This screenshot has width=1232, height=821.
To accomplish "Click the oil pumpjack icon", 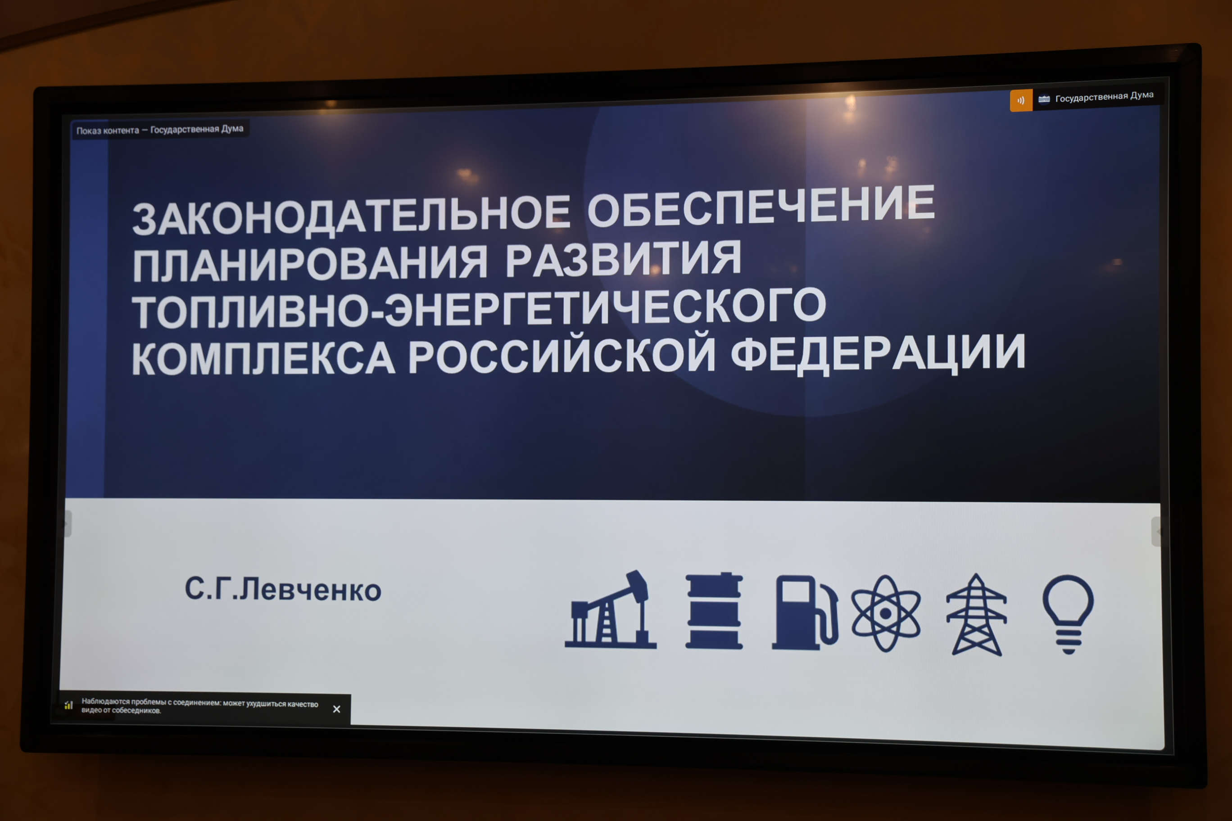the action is click(x=611, y=610).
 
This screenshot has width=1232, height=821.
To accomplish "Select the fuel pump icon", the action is click(x=804, y=613).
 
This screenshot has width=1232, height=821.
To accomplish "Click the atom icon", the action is click(x=886, y=613).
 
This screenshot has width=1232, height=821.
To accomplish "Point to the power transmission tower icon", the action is click(x=976, y=615).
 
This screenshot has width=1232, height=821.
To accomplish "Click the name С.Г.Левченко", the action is click(x=283, y=589).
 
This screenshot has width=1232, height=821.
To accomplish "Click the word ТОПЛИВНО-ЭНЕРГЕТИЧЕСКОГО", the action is click(x=479, y=309).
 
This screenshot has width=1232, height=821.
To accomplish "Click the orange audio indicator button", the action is click(x=1021, y=100).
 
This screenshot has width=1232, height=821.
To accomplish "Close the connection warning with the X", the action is click(x=337, y=709).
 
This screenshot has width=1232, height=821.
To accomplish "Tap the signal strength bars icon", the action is click(x=68, y=705).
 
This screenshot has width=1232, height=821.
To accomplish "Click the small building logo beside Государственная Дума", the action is click(x=1044, y=99).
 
